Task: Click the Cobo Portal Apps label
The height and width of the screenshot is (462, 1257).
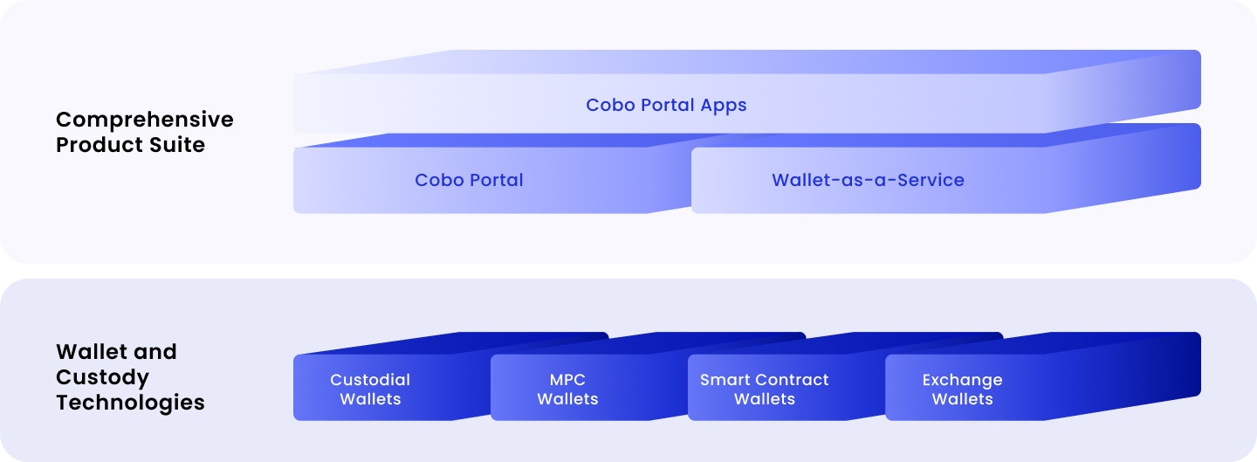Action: click(x=666, y=106)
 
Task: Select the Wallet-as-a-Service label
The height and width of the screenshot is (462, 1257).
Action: click(x=868, y=180)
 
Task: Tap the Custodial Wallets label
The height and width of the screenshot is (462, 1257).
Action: click(x=370, y=389)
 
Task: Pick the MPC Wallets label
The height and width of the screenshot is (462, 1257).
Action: click(x=567, y=389)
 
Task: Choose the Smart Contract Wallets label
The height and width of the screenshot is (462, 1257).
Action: click(x=765, y=389)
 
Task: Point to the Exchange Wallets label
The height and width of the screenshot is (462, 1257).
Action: click(x=962, y=389)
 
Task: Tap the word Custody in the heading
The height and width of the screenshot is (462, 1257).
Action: click(x=103, y=378)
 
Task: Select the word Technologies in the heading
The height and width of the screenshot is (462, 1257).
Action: click(x=130, y=403)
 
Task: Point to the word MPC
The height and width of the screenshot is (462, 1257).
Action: click(x=567, y=380)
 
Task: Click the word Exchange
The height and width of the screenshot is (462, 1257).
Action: click(x=962, y=380)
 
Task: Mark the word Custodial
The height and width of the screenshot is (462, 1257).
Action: click(x=370, y=380)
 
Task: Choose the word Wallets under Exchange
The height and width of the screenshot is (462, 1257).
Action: click(x=962, y=399)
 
